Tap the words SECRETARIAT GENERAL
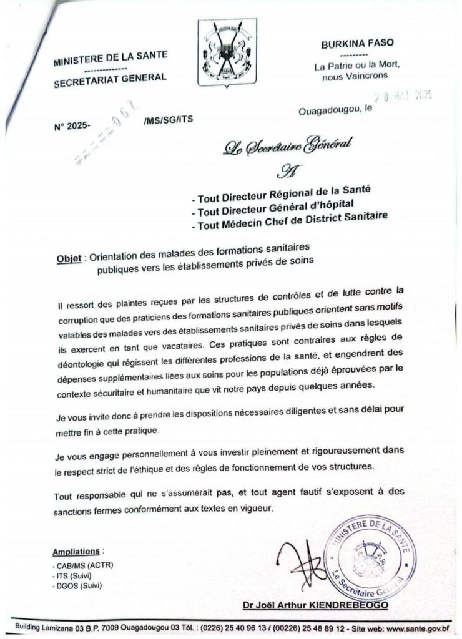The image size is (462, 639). (110, 77)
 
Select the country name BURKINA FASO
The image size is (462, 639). (354, 44)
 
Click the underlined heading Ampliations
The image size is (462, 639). (76, 552)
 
